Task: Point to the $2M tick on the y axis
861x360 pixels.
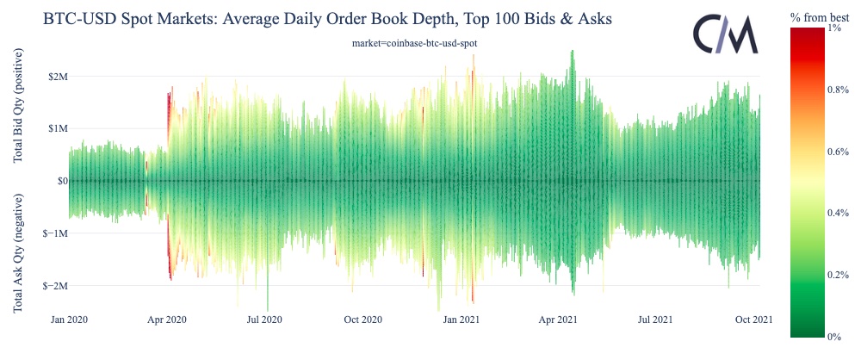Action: [x=46, y=76]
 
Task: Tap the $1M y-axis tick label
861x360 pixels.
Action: [x=46, y=128]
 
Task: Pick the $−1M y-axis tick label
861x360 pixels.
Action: [x=43, y=233]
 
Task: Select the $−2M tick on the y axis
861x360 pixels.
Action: [x=43, y=286]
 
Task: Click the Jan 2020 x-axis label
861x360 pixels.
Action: [x=70, y=320]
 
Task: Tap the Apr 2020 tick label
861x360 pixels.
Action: [x=167, y=320]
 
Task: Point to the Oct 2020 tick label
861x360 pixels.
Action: [x=362, y=320]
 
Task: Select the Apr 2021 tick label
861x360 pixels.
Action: [x=557, y=320]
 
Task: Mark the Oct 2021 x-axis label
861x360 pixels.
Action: [x=752, y=320]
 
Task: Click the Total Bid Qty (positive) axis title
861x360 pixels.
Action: [x=18, y=107]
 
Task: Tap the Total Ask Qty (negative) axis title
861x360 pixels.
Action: [x=18, y=252]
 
